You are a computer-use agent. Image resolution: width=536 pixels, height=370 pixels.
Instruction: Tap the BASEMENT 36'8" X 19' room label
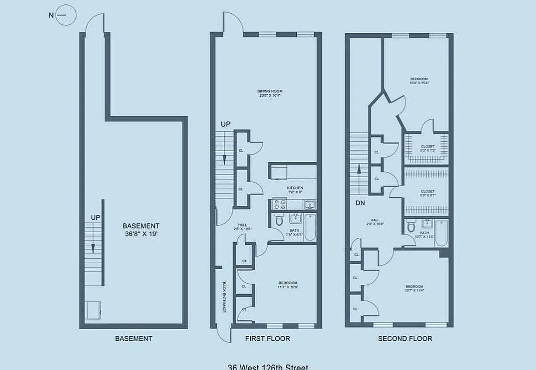point(141,230)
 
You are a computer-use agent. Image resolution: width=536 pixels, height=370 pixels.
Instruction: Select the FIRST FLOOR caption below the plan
point(267,339)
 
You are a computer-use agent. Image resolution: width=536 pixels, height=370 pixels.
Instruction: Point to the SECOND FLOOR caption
point(405,339)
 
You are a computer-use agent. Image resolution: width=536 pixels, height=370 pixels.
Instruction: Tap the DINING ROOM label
point(270,93)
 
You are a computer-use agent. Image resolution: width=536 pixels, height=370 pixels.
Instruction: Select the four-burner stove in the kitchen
point(279,203)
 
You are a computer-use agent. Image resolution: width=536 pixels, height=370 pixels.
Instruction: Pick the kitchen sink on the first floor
point(309,204)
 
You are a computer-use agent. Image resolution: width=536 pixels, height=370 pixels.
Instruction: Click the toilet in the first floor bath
point(279,221)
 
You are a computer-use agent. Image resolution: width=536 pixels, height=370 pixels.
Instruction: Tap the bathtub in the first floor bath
point(310,228)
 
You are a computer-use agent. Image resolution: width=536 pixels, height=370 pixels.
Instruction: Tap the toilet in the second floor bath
point(411,226)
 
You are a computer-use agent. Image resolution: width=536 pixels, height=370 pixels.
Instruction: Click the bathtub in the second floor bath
point(441,233)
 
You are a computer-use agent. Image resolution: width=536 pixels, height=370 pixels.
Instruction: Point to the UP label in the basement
point(95,217)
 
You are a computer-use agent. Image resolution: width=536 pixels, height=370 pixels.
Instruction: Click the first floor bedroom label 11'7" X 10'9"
point(288,285)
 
